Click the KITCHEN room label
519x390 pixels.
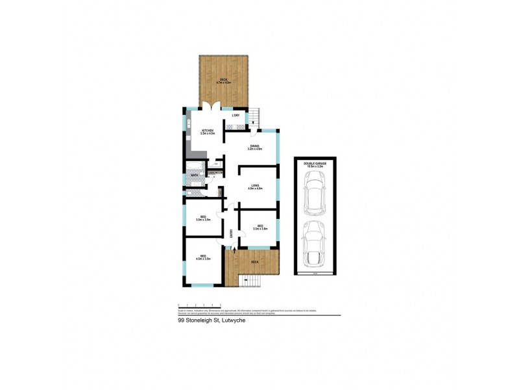208,131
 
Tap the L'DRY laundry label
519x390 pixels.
236,116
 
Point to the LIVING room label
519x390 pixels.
255,187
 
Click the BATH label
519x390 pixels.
194,175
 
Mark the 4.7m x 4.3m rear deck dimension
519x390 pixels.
223,83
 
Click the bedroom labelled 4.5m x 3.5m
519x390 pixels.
203,258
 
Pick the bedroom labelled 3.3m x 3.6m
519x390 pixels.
259,229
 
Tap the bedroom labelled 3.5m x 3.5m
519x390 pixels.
203,219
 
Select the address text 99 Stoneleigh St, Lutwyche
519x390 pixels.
211,320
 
